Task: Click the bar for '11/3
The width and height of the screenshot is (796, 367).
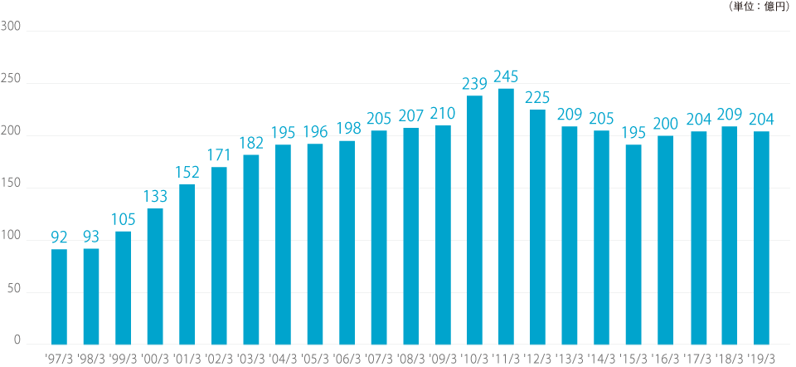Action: pyautogui.click(x=506, y=216)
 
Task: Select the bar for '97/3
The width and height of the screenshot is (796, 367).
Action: pyautogui.click(x=59, y=296)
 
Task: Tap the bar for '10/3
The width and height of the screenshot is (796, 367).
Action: pyautogui.click(x=474, y=219)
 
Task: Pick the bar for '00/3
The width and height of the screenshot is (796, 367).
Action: pyautogui.click(x=155, y=276)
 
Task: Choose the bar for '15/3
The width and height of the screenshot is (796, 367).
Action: pyautogui.click(x=633, y=244)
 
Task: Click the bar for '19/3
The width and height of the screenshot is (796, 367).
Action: pyautogui.click(x=761, y=237)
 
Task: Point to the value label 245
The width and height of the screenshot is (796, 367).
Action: pyautogui.click(x=506, y=77)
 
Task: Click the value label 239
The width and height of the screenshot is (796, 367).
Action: pyautogui.click(x=474, y=84)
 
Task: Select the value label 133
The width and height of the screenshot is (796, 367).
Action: pyautogui.click(x=155, y=197)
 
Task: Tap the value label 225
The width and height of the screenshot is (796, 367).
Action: pyautogui.click(x=538, y=98)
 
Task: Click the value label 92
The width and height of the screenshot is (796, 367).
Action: pyautogui.click(x=59, y=237)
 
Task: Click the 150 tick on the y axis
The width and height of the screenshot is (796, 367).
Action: pyautogui.click(x=12, y=188)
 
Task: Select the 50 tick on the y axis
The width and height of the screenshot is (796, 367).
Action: pyautogui.click(x=14, y=292)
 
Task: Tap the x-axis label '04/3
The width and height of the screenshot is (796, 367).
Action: pyautogui.click(x=283, y=359)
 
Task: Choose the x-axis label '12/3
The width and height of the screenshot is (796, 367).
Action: pyautogui.click(x=538, y=359)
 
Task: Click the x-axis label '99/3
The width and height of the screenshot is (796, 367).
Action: pyautogui.click(x=123, y=359)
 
